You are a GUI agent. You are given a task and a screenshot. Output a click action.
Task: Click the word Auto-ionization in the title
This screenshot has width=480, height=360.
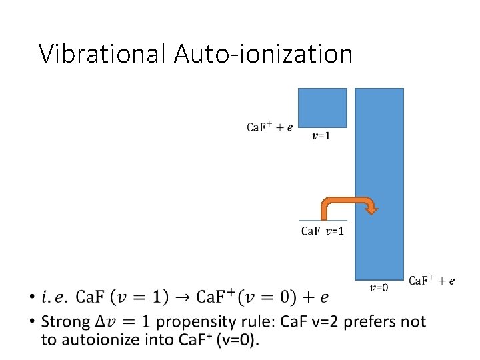click(263, 53)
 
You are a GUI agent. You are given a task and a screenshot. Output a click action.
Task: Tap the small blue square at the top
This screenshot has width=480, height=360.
click(322, 107)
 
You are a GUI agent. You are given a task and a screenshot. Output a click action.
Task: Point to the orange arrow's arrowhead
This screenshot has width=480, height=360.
click(371, 210)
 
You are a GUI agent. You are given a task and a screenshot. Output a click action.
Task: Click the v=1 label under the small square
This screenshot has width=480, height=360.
click(321, 136)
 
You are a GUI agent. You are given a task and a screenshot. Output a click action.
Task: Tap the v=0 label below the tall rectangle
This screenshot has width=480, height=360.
click(379, 288)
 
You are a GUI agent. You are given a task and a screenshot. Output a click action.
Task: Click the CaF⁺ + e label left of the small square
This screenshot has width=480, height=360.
click(269, 127)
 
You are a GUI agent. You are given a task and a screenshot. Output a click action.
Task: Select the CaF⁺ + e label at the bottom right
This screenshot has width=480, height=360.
click(432, 281)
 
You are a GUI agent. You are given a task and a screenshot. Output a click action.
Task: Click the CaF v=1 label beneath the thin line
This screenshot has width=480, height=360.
click(323, 231)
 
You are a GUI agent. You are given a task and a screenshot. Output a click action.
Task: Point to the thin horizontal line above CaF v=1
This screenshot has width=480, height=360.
click(323, 220)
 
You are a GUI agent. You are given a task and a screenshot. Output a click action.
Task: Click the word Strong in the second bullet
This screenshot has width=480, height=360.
click(65, 322)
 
